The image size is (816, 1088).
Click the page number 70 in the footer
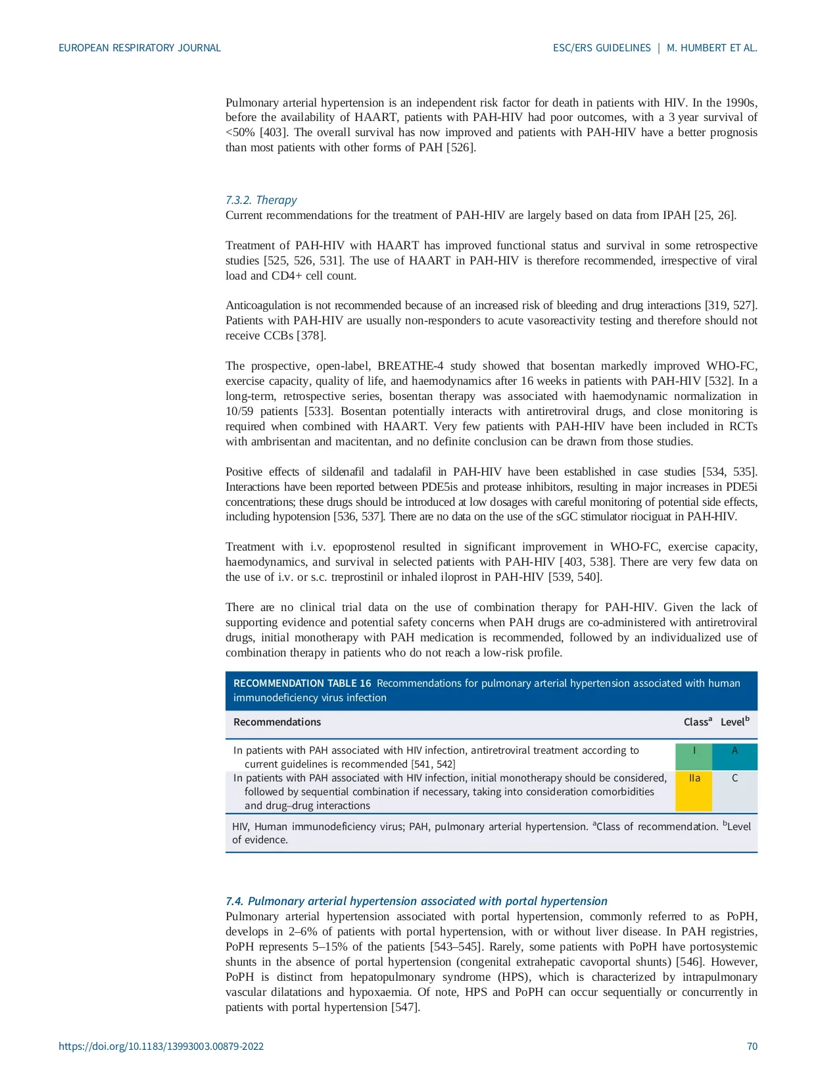click(752, 1046)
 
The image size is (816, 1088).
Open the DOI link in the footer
click(161, 1046)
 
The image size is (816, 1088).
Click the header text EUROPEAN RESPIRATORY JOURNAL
click(139, 48)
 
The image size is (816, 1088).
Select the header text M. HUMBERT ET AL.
click(712, 48)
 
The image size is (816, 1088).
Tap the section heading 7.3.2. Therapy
click(261, 200)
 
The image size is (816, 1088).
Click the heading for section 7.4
click(416, 901)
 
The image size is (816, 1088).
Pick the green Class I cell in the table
click(694, 756)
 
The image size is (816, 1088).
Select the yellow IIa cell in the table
click(694, 791)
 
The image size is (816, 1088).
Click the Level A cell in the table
click(734, 756)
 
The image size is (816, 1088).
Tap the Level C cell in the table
click(734, 791)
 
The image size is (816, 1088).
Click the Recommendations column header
click(277, 722)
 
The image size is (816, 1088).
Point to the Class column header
click(697, 722)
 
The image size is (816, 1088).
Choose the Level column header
click(734, 722)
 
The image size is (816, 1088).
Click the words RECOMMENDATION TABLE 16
click(302, 683)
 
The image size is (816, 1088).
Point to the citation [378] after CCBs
click(311, 335)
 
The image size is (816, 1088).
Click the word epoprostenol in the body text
click(364, 547)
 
